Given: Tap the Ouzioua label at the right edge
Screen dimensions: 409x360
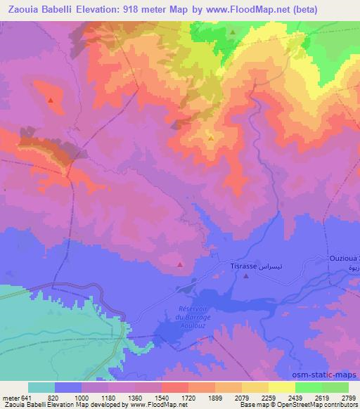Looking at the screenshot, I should pos(344,259).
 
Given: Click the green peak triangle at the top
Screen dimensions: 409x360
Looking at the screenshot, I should pos(233,32).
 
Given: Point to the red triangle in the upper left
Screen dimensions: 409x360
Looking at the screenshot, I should pos(51,100).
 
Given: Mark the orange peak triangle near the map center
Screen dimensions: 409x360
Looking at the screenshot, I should pos(211,138).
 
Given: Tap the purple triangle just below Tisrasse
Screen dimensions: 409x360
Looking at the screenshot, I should pos(245,276).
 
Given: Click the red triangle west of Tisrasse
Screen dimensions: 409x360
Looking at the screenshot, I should pos(180,265).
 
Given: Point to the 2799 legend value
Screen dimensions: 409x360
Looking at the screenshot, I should pos(349,397).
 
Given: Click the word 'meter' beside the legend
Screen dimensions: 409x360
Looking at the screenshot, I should pos(8,397).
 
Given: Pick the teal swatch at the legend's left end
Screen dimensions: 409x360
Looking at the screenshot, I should pos(41,387).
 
